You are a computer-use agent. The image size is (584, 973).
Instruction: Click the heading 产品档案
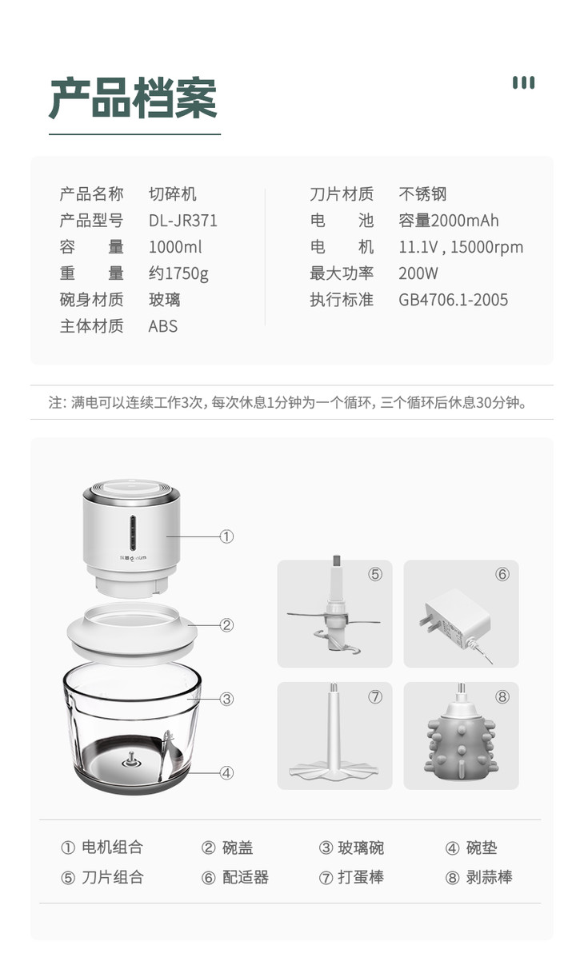133,98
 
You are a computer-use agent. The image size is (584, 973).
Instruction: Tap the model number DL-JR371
183,221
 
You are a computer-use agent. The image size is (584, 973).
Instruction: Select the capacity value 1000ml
175,247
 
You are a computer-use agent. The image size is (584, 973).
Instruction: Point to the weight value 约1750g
178,273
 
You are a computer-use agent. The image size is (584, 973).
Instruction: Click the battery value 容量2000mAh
449,221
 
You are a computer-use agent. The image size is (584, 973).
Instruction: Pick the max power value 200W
418,273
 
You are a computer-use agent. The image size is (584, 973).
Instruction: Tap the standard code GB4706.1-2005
454,300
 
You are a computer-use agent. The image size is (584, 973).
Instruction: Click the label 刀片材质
342,194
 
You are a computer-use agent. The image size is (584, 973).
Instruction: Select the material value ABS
163,326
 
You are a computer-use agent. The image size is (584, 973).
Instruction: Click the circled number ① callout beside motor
226,537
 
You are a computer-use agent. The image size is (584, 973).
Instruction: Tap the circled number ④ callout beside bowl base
226,773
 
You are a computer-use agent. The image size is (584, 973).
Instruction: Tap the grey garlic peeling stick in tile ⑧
461,735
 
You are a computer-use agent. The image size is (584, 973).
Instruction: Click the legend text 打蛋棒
361,877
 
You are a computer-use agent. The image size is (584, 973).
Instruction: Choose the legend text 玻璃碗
361,847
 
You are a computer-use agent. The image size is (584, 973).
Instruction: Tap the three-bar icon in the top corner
524,82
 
